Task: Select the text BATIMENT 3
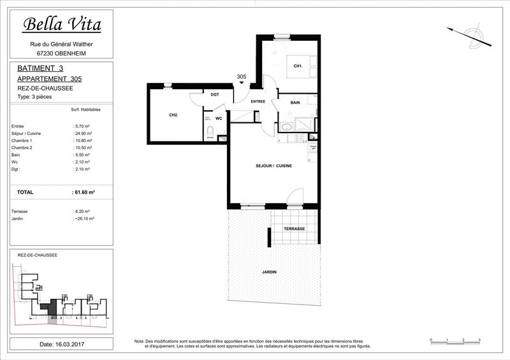pyautogui.click(x=40, y=68)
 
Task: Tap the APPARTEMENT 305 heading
pyautogui.click(x=50, y=78)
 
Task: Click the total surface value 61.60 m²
pyautogui.click(x=84, y=191)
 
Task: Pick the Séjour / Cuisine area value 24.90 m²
pyautogui.click(x=83, y=134)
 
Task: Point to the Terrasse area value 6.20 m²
pyautogui.click(x=82, y=211)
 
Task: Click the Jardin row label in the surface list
pyautogui.click(x=18, y=218)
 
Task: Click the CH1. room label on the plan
pyautogui.click(x=298, y=66)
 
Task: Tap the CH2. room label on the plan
pyautogui.click(x=173, y=115)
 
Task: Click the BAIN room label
pyautogui.click(x=295, y=103)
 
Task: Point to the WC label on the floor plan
pyautogui.click(x=218, y=118)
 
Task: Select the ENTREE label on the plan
pyautogui.click(x=258, y=102)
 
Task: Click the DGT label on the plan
pyautogui.click(x=215, y=94)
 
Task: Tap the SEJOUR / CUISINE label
pyautogui.click(x=274, y=166)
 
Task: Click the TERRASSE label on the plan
pyautogui.click(x=294, y=229)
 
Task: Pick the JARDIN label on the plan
pyautogui.click(x=269, y=272)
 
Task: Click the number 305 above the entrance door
pyautogui.click(x=241, y=76)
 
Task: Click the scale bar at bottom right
pyautogui.click(x=455, y=342)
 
